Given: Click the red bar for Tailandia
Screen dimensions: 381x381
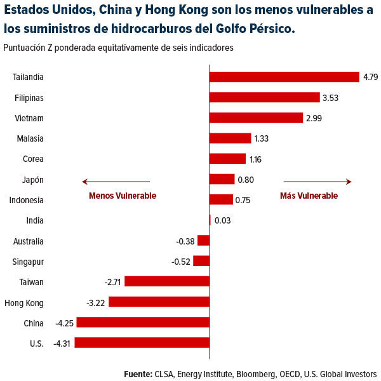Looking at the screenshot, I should tap(284, 77).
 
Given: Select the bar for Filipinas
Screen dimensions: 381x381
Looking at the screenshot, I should tap(264, 97).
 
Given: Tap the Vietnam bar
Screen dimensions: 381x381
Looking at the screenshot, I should tap(256, 117).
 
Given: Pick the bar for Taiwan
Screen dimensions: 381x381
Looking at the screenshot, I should tap(167, 281).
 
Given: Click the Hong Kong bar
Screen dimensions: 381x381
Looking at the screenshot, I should tap(159, 302).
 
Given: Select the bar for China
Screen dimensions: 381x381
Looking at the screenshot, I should tap(143, 322).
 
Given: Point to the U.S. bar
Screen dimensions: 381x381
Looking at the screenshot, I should tap(142, 342).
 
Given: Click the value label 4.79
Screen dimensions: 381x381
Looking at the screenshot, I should tap(370, 77).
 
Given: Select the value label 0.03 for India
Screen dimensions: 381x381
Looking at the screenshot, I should tap(222, 220).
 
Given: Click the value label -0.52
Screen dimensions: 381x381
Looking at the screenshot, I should tap(181, 261).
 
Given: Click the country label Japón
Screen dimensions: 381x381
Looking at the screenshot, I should tap(32, 180).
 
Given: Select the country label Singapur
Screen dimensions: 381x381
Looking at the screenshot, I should tap(28, 261).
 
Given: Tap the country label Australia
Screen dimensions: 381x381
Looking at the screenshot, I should tap(28, 241).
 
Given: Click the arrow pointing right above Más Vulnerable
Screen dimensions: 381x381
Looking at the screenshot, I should tap(317, 182).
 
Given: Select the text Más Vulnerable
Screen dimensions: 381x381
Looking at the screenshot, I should tap(309, 196).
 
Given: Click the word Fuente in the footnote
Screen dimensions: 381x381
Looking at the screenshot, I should tap(138, 373).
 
